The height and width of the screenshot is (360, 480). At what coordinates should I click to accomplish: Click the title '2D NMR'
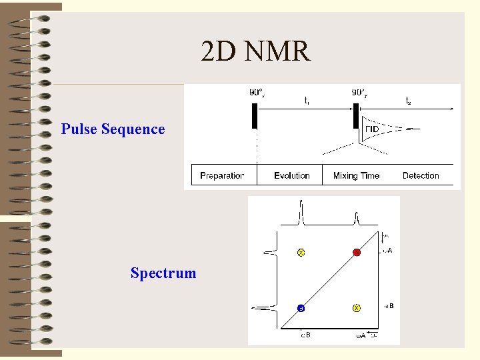pyautogui.click(x=255, y=51)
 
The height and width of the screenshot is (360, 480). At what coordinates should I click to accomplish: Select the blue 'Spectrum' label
pyautogui.click(x=163, y=273)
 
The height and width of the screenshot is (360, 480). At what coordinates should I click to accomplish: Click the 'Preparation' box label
pyautogui.click(x=222, y=175)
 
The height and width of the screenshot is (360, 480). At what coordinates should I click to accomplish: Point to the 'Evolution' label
pyautogui.click(x=291, y=175)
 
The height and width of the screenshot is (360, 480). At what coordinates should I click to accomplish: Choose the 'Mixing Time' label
pyautogui.click(x=356, y=175)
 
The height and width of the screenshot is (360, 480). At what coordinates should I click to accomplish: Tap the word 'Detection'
pyautogui.click(x=421, y=175)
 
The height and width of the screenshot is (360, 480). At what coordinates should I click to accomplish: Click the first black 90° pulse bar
pyautogui.click(x=255, y=116)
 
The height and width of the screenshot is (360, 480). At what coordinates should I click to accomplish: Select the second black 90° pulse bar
pyautogui.click(x=357, y=116)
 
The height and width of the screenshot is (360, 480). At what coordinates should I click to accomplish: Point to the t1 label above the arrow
pyautogui.click(x=306, y=101)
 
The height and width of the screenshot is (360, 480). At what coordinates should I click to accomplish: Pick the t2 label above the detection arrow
pyautogui.click(x=408, y=101)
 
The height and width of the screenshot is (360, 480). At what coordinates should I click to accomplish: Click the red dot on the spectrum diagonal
pyautogui.click(x=357, y=253)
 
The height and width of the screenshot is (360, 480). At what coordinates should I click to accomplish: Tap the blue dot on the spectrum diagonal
pyautogui.click(x=301, y=308)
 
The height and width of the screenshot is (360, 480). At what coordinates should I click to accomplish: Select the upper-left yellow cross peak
pyautogui.click(x=301, y=253)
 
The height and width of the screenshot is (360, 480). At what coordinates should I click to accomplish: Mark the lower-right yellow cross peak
pyautogui.click(x=357, y=308)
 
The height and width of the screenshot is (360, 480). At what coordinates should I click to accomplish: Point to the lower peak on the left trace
pyautogui.click(x=265, y=308)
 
